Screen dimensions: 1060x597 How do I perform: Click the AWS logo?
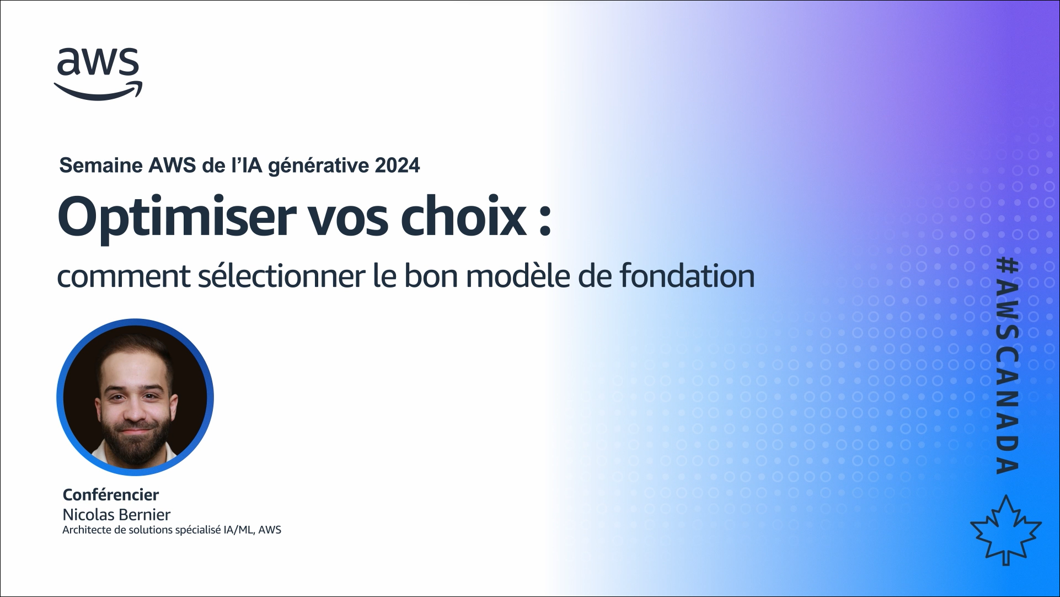coord(98,74)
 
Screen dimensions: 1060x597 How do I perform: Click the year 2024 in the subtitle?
coord(397,165)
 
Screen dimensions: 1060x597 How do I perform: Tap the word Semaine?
coord(101,165)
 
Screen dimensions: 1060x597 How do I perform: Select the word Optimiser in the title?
coord(177,217)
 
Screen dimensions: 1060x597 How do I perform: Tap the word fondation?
coord(687,276)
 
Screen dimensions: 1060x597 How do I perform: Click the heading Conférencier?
coord(111,494)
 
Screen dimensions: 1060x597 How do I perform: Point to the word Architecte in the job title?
coord(87,530)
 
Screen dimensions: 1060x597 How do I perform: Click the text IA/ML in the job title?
coord(238,530)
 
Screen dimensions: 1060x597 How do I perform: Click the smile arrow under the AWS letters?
coord(98,90)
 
